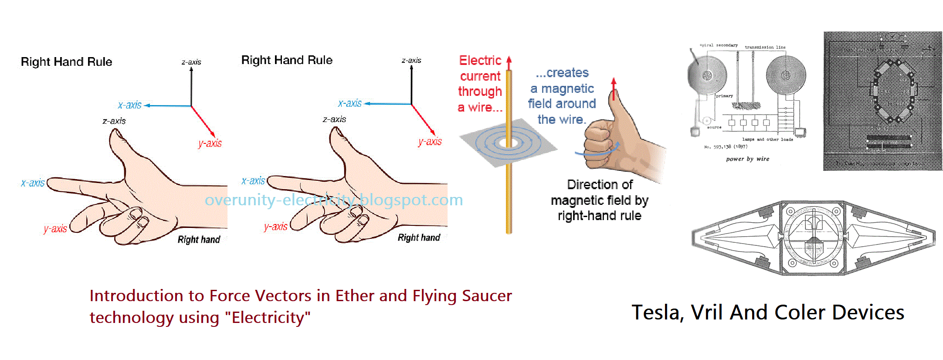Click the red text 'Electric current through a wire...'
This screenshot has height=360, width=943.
pos(480,84)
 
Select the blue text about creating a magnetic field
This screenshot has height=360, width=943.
pos(562,96)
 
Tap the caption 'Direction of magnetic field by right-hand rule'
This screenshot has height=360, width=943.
pos(600,200)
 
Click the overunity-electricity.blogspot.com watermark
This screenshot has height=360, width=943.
pos(334,200)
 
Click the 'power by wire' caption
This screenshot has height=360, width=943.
pos(747,159)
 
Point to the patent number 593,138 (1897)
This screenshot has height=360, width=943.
pos(726,147)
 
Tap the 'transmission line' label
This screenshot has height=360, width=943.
pos(765,47)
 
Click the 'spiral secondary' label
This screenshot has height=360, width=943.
pos(719,45)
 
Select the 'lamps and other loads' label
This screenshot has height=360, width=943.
pos(767,139)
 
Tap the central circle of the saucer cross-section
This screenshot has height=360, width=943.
pos(813,238)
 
